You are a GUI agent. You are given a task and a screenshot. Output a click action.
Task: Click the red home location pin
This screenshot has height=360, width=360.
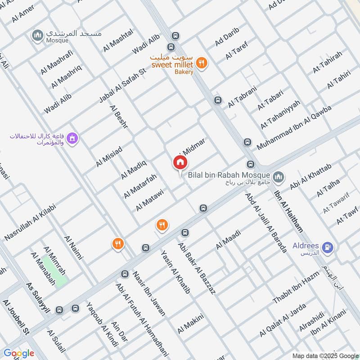[180, 163]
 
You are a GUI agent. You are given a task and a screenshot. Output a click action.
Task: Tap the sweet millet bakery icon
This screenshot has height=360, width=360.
[202, 63]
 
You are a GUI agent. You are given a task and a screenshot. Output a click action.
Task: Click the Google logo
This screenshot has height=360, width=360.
[19, 353]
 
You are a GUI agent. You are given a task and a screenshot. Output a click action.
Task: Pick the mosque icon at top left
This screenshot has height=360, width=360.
[37, 34]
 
